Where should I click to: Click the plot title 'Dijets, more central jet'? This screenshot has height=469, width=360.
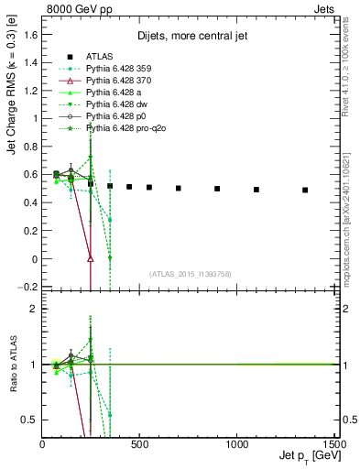tap(188, 38)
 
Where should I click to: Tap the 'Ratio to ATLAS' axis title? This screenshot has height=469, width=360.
tap(12, 365)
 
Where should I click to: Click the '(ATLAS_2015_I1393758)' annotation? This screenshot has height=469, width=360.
tap(189, 274)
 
